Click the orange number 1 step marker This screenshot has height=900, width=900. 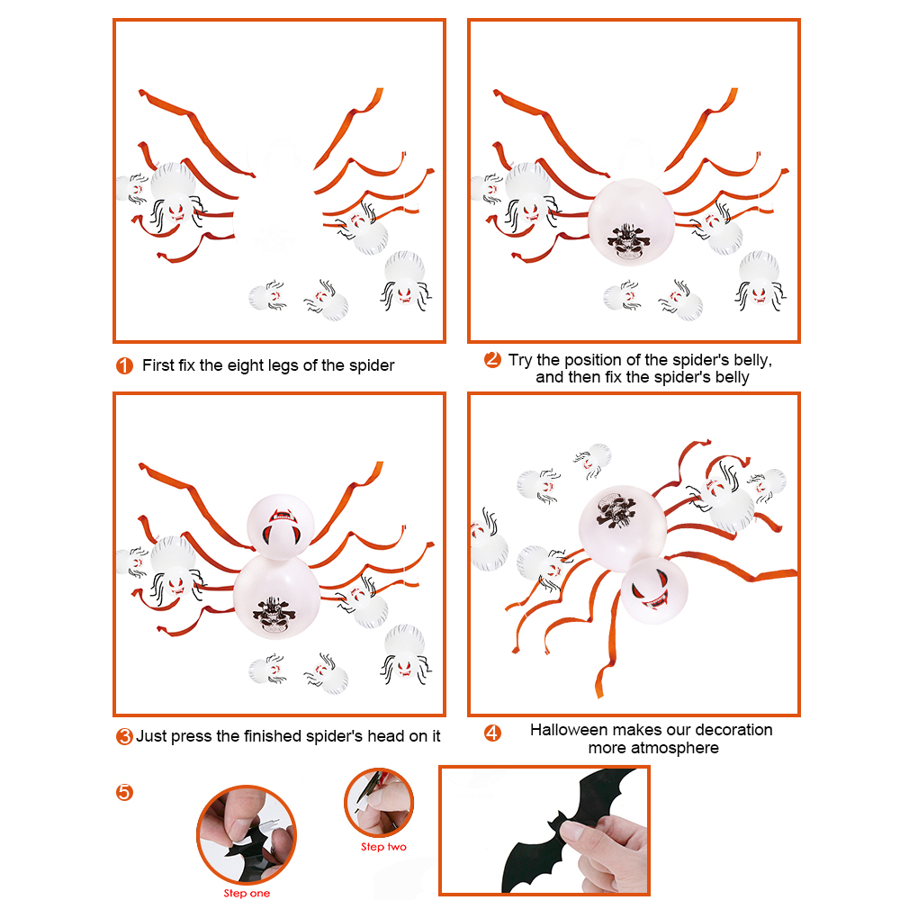124,365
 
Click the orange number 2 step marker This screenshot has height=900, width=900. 492,359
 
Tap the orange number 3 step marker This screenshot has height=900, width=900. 124,736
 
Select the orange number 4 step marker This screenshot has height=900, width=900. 492,733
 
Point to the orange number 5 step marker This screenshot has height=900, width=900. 124,793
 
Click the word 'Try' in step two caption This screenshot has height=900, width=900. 520,361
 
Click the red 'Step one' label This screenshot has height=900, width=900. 247,893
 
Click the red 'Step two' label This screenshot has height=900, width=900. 383,847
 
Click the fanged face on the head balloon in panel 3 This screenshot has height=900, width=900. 282,526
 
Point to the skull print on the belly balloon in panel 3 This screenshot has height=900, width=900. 273,614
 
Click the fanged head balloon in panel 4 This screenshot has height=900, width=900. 654,590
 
